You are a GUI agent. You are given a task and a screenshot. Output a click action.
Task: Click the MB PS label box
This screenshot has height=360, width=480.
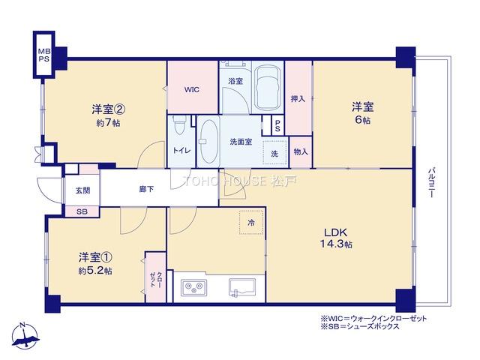tap(43, 55)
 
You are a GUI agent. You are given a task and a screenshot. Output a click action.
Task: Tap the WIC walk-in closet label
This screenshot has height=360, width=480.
tap(192, 89)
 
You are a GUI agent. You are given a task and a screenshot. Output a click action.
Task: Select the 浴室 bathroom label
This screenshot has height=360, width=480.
tap(235, 81)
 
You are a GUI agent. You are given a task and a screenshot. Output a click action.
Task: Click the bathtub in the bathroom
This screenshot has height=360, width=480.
tap(268, 88)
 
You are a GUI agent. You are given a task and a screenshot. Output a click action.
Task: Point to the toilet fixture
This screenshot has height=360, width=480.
tap(178, 125)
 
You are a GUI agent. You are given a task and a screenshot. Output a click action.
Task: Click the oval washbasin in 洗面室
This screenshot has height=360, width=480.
tap(208, 142)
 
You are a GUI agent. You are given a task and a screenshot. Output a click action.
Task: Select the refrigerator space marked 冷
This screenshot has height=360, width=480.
tap(251, 222)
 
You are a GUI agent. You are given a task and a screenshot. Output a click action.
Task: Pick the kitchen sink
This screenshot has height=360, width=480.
tap(242, 288)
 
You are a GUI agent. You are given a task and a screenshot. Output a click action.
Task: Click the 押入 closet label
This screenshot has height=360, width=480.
tap(298, 98)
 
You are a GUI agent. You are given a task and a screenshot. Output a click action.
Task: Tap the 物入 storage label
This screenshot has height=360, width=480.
tap(301, 151)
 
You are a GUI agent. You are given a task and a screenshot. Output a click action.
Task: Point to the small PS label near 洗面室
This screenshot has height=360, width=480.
tap(277, 125)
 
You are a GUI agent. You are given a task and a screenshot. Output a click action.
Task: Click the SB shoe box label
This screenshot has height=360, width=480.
tap(82, 211)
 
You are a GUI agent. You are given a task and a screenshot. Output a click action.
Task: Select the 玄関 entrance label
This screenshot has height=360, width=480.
tap(82, 190)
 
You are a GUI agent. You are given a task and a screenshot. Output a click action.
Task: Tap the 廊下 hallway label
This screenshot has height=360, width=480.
tap(146, 189)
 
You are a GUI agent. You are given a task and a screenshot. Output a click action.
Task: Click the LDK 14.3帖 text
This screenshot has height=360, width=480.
tap(336, 238)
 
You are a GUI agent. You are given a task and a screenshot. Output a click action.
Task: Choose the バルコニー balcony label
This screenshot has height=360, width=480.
tap(431, 182)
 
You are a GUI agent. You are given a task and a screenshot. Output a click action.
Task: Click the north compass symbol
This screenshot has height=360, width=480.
tap(25, 336)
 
